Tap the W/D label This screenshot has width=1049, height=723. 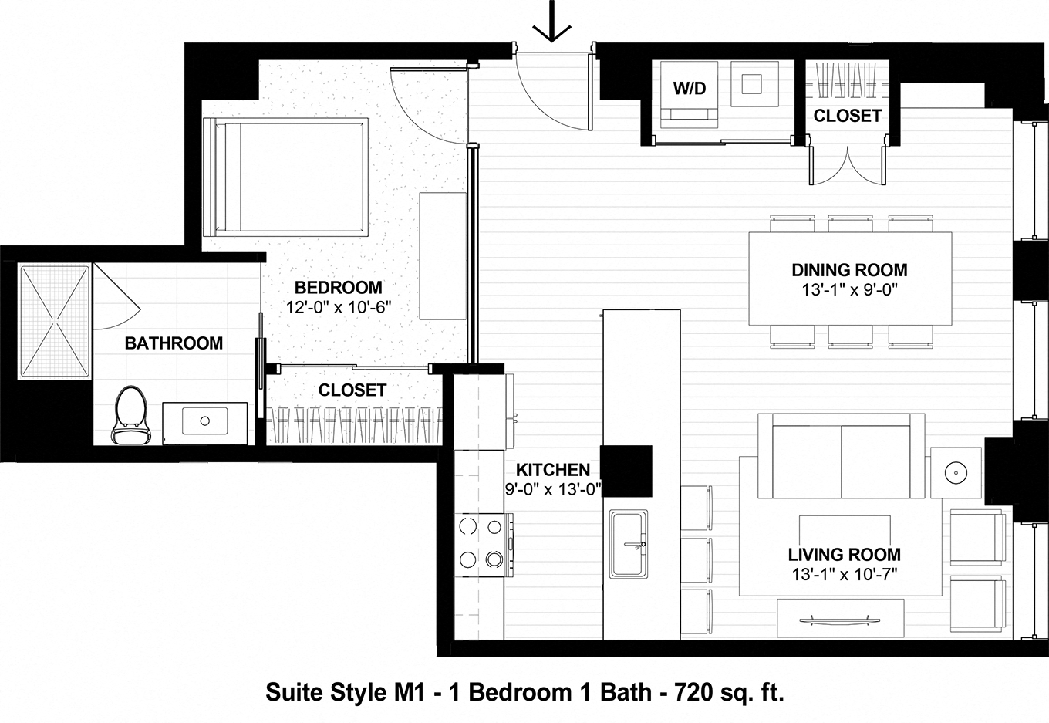point(689,88)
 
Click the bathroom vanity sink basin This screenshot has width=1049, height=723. point(205,421)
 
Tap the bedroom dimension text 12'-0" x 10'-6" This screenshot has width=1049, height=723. point(338,306)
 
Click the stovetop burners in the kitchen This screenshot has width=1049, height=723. point(479,542)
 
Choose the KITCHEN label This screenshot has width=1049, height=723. point(552,470)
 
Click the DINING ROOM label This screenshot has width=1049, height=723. point(849,270)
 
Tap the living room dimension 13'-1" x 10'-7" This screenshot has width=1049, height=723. point(844,573)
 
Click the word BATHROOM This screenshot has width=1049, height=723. point(174,343)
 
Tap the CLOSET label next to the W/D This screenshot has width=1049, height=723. point(847,116)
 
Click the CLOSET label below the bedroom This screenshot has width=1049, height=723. point(352,390)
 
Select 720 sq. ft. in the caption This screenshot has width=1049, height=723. point(729,692)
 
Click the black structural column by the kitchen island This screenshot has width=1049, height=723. point(626,471)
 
